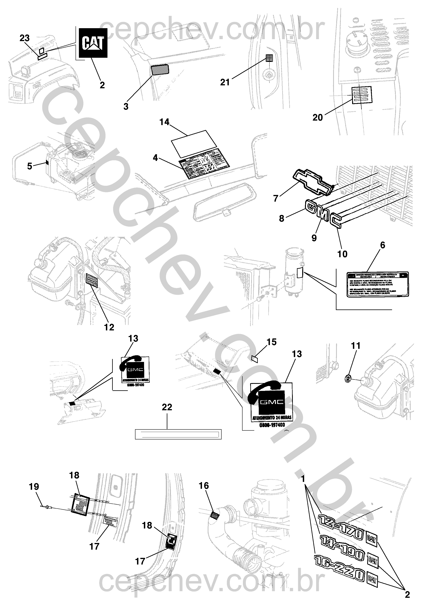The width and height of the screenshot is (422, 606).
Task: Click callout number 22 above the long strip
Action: (167, 407)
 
